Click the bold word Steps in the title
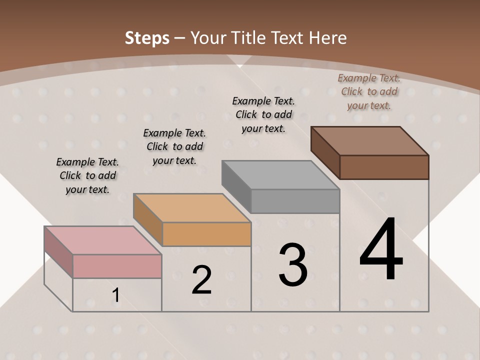(147, 38)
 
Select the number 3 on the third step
(293, 265)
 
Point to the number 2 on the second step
(201, 280)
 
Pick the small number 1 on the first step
(116, 295)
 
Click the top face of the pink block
(102, 240)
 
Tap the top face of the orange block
(191, 208)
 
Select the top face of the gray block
(280, 175)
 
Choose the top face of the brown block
(369, 141)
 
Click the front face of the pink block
(117, 266)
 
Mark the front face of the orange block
(206, 234)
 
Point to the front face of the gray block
(295, 201)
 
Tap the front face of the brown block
(384, 167)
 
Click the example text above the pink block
(87, 175)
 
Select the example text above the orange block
(174, 146)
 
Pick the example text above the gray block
(263, 114)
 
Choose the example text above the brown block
(369, 91)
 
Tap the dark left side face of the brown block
(325, 152)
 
